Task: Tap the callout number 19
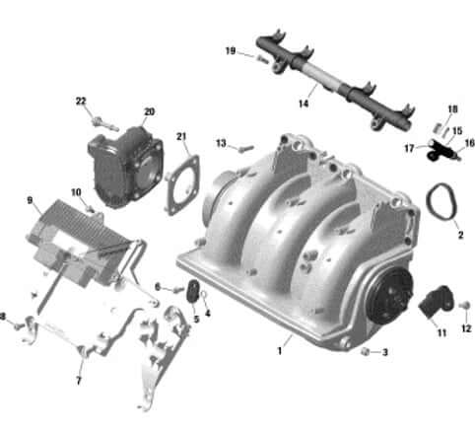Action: click(x=230, y=50)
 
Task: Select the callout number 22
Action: click(x=81, y=101)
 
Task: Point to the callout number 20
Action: click(x=149, y=111)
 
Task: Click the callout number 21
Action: click(x=181, y=136)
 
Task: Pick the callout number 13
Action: click(x=221, y=143)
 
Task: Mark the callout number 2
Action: click(x=459, y=236)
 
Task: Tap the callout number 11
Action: click(x=442, y=333)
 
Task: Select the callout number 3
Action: click(x=385, y=352)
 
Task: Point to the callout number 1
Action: click(x=280, y=350)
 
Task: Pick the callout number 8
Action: click(x=4, y=317)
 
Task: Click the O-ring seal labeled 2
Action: click(x=441, y=205)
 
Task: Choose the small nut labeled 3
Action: click(x=366, y=351)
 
